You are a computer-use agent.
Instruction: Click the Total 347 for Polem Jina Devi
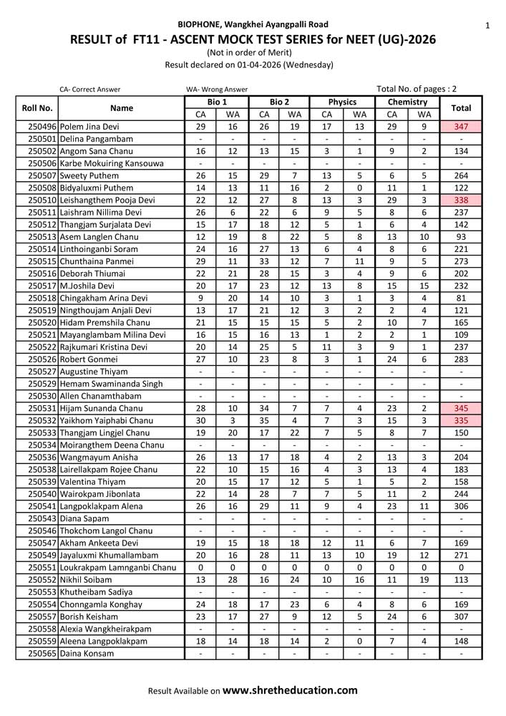click(x=461, y=126)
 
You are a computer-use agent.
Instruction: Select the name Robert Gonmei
click(x=89, y=359)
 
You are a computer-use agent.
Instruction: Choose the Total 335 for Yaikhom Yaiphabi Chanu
click(x=461, y=420)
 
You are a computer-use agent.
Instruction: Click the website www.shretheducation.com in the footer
click(x=290, y=691)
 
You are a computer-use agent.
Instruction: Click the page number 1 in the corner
click(x=487, y=26)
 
